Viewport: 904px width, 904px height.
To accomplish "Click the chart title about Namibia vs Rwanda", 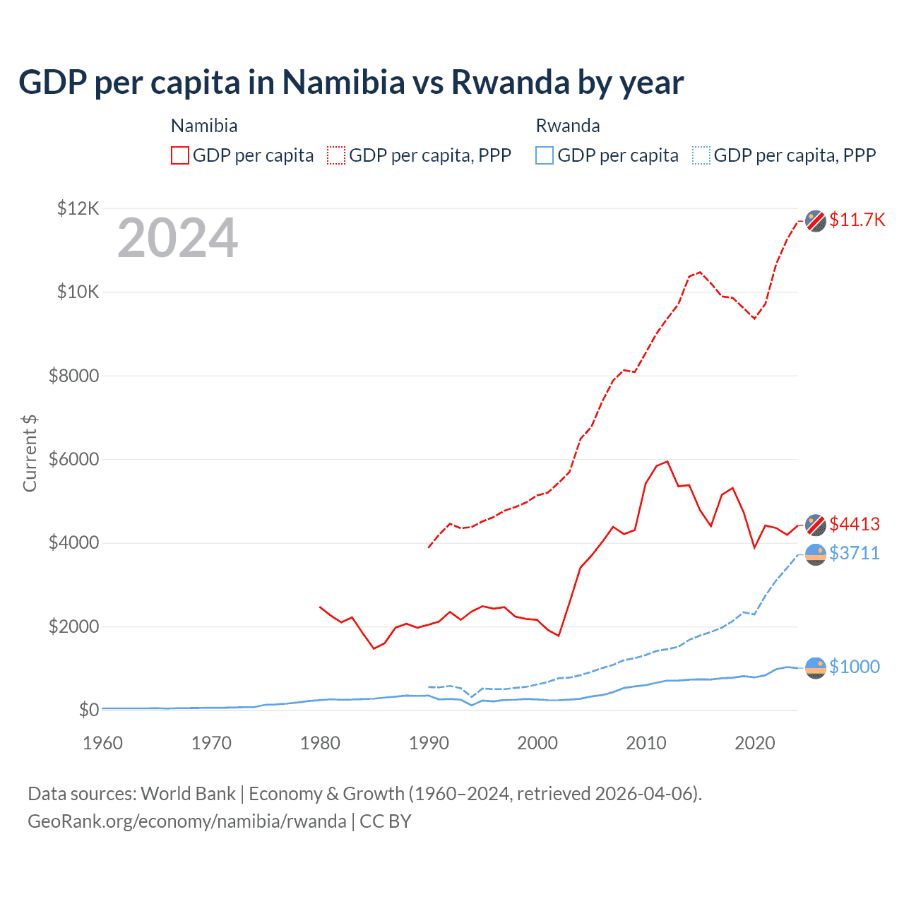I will pos(351,83).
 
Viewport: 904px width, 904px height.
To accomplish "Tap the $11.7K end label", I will pos(857,220).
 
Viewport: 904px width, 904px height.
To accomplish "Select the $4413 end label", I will pos(855,524).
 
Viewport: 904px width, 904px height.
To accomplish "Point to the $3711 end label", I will pos(855,553).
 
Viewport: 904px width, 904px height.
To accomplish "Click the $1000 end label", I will pos(855,667).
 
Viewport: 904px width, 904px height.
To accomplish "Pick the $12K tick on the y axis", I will pos(78,208).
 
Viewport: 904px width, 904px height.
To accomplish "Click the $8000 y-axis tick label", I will pos(73,376).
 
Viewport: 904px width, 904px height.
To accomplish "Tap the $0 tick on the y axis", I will pos(89,710).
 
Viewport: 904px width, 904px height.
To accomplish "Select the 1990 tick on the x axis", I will pos(429,743).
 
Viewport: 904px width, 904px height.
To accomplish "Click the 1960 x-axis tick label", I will pos(102,743).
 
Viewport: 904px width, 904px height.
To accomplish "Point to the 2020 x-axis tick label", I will pos(755,743).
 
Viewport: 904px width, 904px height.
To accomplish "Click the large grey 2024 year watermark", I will pos(177,238).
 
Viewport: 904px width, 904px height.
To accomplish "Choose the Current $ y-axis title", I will pos(30,453).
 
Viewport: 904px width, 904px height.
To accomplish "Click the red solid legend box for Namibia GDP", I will pos(180,155).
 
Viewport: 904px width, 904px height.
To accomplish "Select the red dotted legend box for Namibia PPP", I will pos(336,155).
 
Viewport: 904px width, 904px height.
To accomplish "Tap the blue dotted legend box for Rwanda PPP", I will pos(701,155).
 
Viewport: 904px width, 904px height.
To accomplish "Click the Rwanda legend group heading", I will pos(568,126).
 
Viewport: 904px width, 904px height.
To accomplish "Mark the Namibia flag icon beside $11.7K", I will pos(816,220).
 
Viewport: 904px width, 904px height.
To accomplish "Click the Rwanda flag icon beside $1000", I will pos(816,667).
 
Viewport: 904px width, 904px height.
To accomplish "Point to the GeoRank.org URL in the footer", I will pos(187,821).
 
